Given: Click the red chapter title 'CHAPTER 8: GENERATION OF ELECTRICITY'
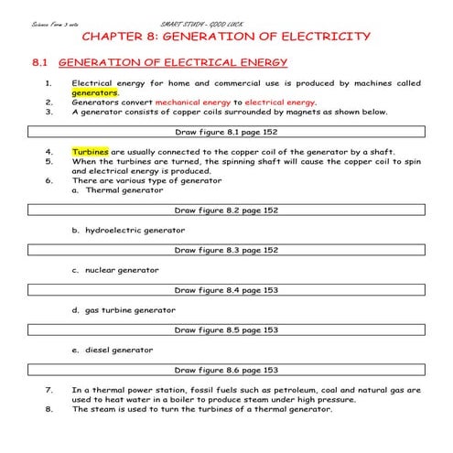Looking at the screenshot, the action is [226, 37].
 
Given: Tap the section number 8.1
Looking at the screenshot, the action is [38, 63].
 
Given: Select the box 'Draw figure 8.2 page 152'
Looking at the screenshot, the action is [226, 210].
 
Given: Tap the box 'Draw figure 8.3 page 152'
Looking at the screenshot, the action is [226, 249].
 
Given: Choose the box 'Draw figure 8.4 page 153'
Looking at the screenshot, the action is [226, 289].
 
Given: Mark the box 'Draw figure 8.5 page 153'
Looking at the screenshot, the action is [226, 329].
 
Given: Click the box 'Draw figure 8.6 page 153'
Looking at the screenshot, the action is [226, 370].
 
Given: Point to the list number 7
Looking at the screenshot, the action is [49, 389].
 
